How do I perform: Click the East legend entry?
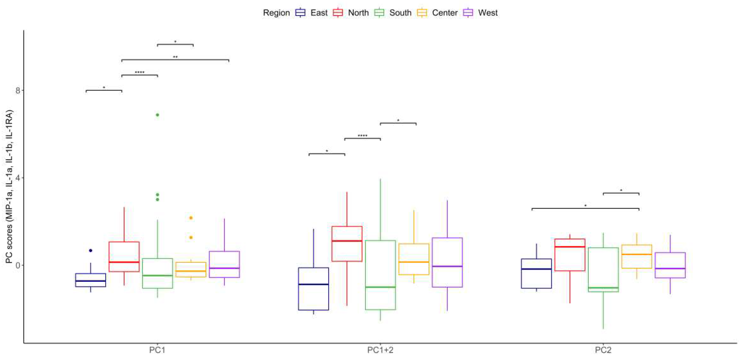[x=311, y=13]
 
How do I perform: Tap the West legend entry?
[x=480, y=13]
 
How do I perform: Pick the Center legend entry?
[x=437, y=13]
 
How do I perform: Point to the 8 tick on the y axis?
[x=18, y=91]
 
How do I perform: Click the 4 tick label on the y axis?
[x=18, y=178]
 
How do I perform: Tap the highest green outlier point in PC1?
[x=157, y=115]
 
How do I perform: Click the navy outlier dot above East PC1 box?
[x=91, y=251]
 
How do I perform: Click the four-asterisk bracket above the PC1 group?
[x=140, y=75]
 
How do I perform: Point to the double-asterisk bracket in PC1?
[x=175, y=60]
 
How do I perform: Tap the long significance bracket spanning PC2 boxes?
[x=585, y=208]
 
